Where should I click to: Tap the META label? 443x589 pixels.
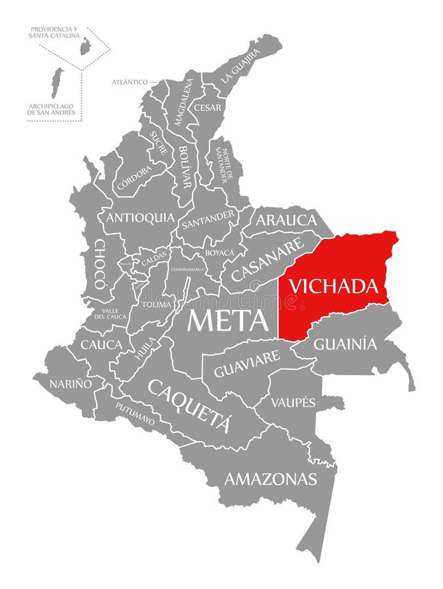click(x=228, y=321)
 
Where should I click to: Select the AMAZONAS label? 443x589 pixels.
click(x=270, y=478)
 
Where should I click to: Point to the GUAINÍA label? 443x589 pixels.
click(x=346, y=343)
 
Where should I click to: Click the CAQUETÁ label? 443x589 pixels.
click(x=190, y=404)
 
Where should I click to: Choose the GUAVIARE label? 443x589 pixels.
click(x=247, y=365)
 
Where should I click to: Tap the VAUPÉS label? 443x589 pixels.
click(x=294, y=402)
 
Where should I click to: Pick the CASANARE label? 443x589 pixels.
click(x=268, y=259)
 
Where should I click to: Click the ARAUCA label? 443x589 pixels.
click(x=286, y=220)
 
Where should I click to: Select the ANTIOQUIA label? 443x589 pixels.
click(x=140, y=217)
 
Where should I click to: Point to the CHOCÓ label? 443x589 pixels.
click(x=99, y=263)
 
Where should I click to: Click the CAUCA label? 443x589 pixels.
click(x=101, y=344)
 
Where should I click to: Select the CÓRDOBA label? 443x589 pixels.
click(x=134, y=178)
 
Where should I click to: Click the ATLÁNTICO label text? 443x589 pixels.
click(x=130, y=82)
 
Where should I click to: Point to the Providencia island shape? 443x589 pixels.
click(x=84, y=46)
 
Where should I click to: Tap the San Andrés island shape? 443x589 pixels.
click(x=58, y=82)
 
